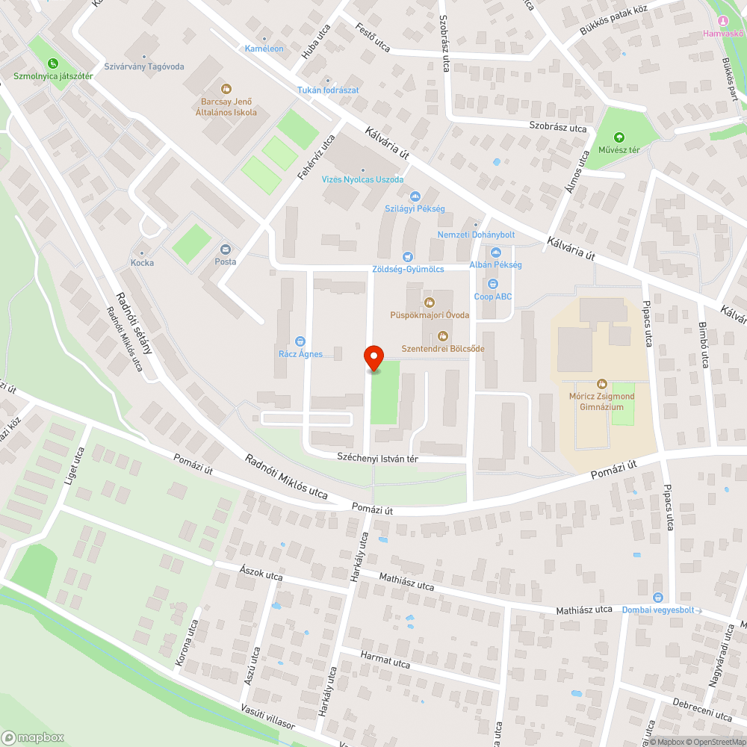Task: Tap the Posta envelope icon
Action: point(225,249)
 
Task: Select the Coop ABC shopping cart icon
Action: point(492,284)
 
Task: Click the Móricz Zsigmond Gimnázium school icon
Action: point(601,383)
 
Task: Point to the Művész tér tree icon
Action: point(619,137)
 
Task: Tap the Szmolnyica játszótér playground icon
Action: point(52,63)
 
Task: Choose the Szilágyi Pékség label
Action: point(415,208)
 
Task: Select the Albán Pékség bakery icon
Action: point(495,252)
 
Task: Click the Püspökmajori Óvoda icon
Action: point(430,303)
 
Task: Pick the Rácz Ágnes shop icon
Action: point(300,341)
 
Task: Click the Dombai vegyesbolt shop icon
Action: point(657,597)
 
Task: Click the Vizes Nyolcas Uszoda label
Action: point(362,180)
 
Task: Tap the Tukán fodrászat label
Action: point(328,90)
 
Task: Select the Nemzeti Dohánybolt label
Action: point(476,235)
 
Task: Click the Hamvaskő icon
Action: point(722,20)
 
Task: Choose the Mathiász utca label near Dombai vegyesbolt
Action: point(584,610)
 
